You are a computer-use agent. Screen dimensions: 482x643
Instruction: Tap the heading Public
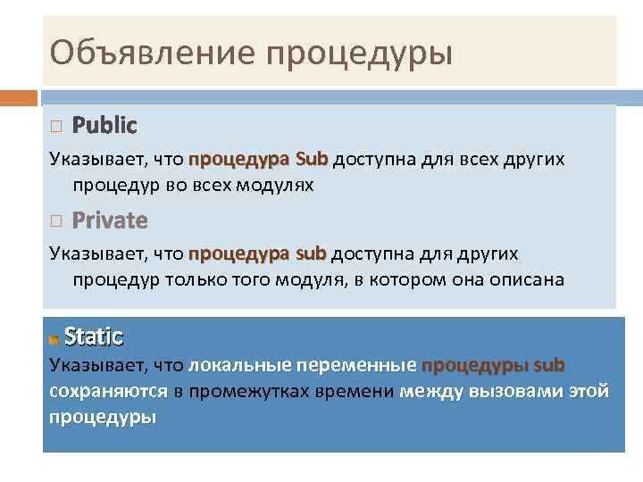coord(104,125)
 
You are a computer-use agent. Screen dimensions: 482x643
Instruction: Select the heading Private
coord(110,220)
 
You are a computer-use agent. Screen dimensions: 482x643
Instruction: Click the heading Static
coord(94,337)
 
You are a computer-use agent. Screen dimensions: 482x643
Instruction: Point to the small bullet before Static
coord(54,339)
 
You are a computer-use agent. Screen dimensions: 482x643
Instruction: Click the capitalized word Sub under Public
coord(312,160)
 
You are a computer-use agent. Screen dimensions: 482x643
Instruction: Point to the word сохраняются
coord(108,391)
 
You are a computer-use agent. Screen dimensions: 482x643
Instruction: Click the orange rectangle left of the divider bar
coord(19,96)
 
